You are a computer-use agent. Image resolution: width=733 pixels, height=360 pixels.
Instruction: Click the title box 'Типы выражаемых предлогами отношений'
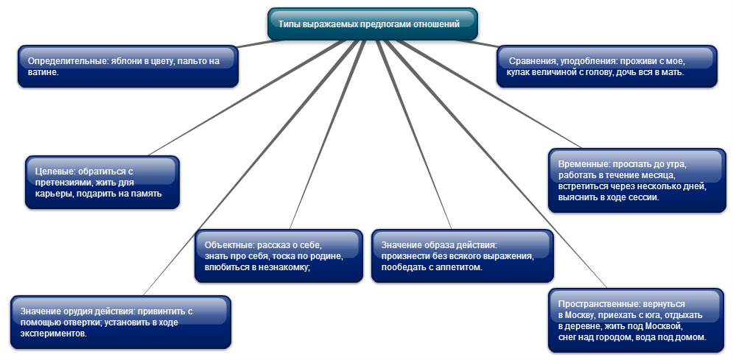[372, 24]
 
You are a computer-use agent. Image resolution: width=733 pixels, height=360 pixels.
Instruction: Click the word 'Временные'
[583, 163]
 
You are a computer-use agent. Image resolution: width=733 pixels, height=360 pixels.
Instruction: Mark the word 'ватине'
[42, 73]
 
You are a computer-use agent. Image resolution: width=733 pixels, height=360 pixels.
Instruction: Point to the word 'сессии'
[640, 197]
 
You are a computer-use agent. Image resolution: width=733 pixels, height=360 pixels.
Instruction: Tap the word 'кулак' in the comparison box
[517, 73]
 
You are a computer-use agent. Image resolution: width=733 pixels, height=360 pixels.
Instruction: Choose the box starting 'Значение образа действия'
[462, 255]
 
